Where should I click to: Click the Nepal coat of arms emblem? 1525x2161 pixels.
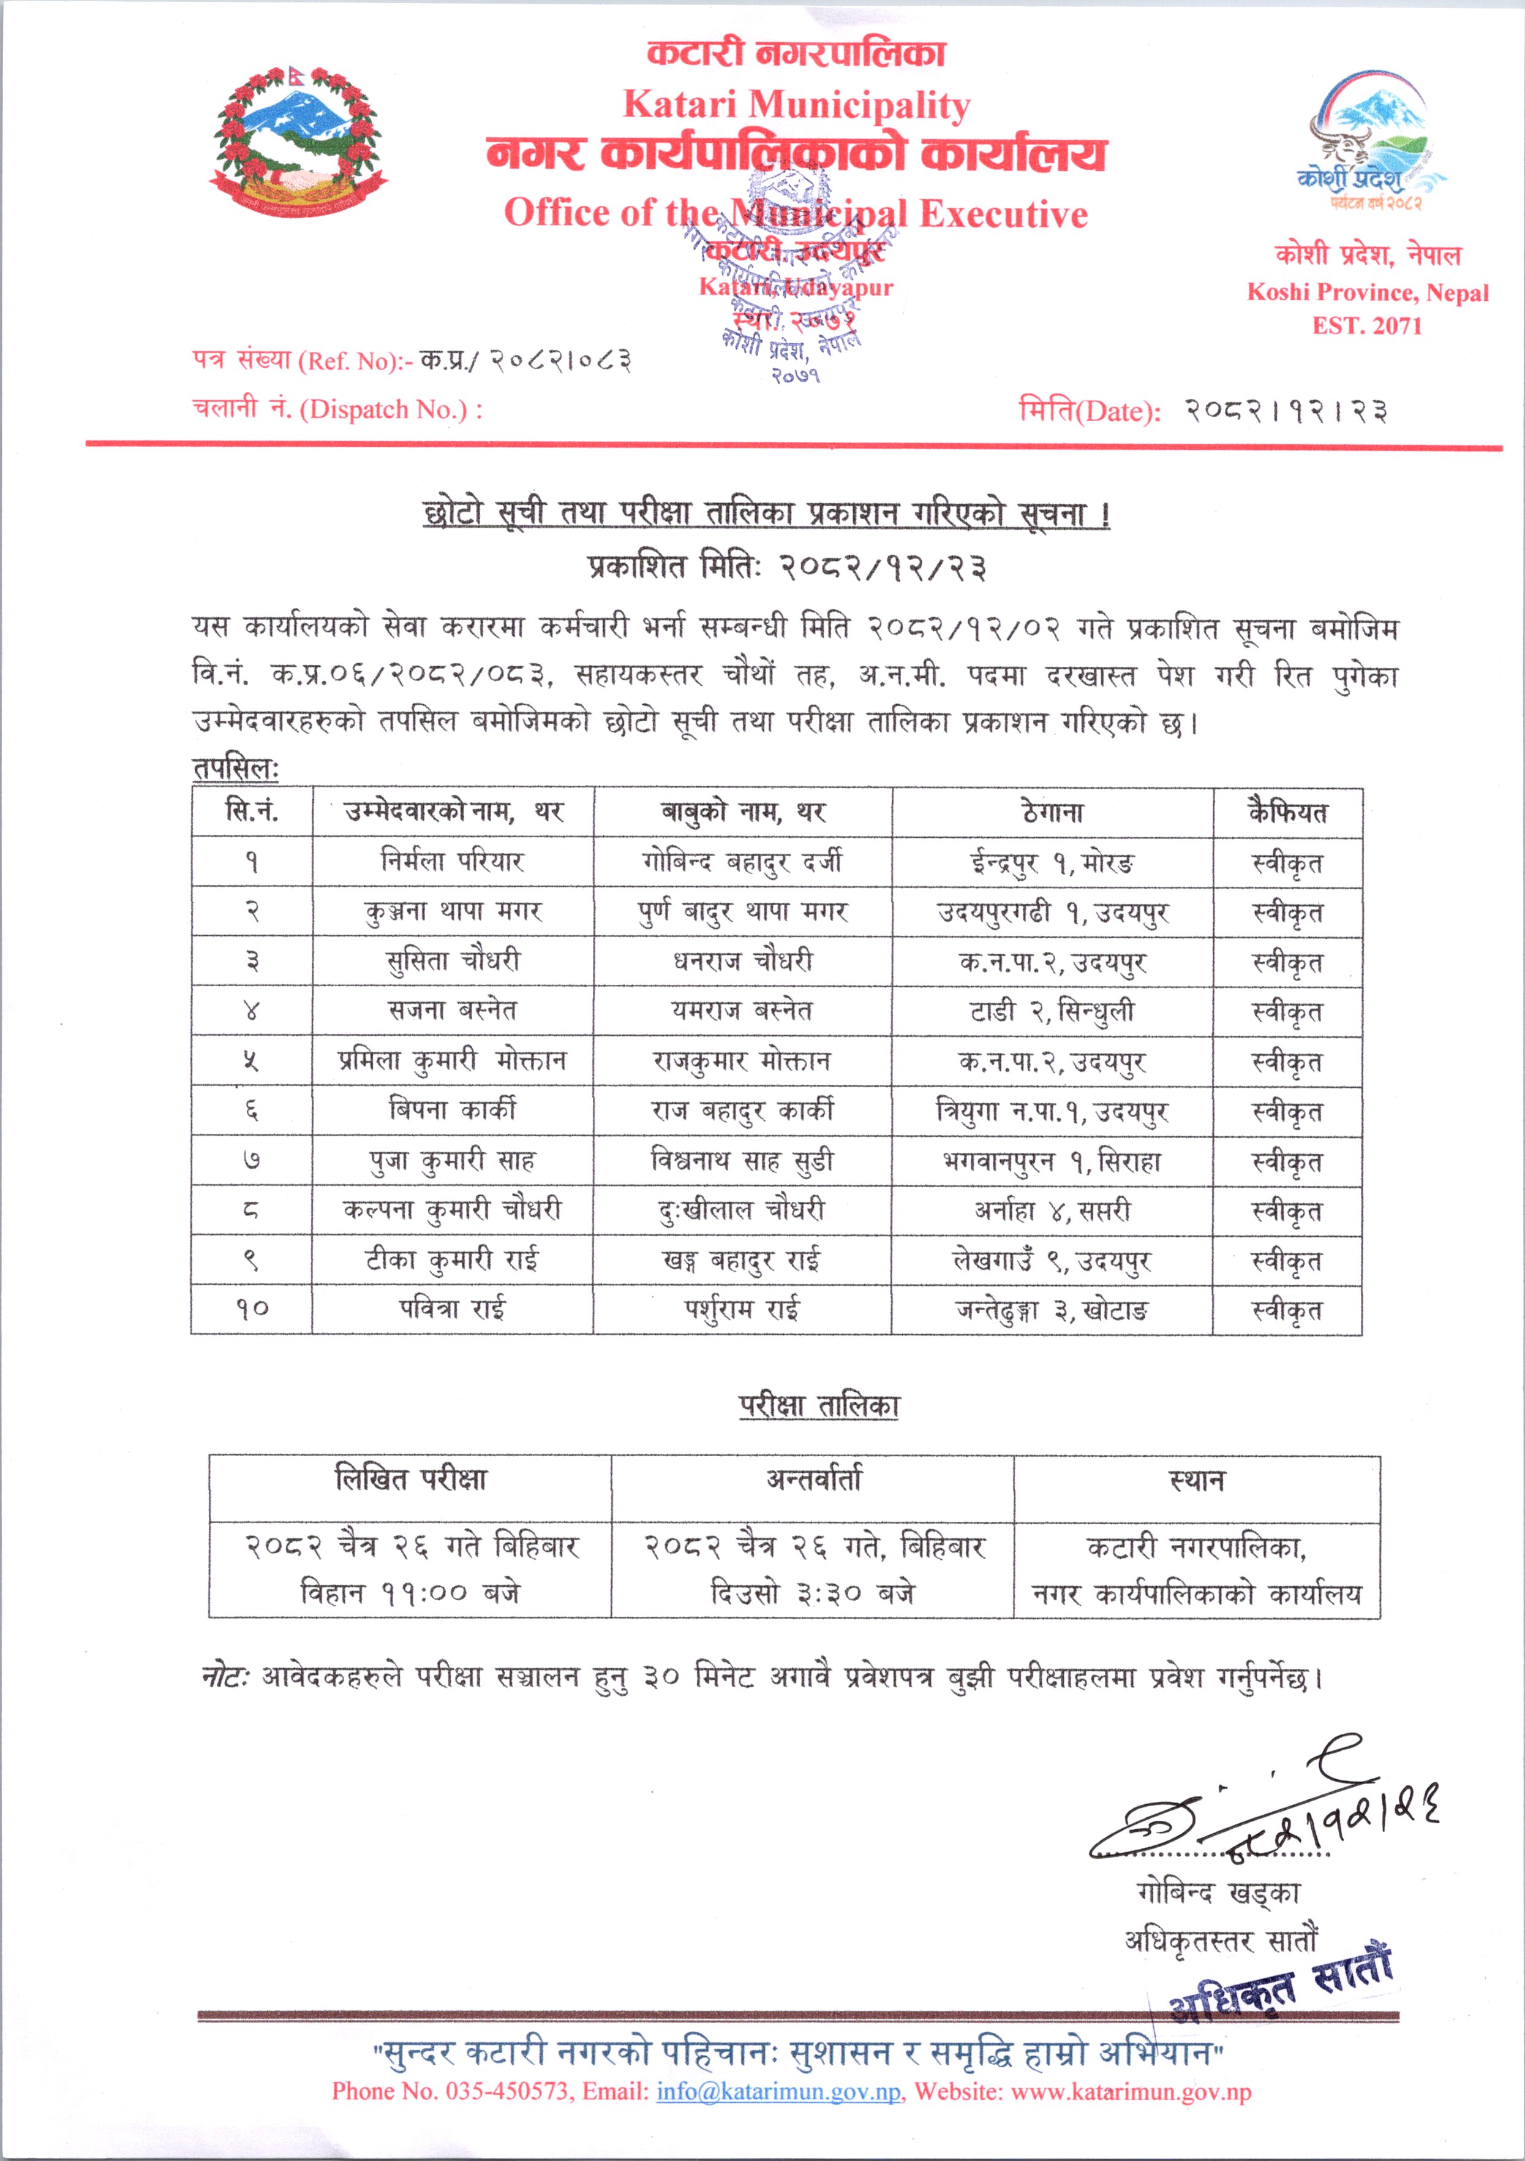297,141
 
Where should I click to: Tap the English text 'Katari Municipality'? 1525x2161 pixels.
796,104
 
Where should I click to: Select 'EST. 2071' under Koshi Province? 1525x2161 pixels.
1367,325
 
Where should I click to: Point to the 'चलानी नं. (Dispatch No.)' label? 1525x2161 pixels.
337,408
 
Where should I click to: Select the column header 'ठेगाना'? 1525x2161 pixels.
1052,812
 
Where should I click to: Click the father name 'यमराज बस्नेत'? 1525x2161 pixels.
742,1011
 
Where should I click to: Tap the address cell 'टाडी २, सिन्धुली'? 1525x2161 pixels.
1052,1011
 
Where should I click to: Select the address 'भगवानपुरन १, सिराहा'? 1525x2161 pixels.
1052,1161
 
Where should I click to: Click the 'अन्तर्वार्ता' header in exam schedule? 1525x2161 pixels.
813,1481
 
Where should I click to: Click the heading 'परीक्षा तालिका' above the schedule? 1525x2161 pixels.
818,1405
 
